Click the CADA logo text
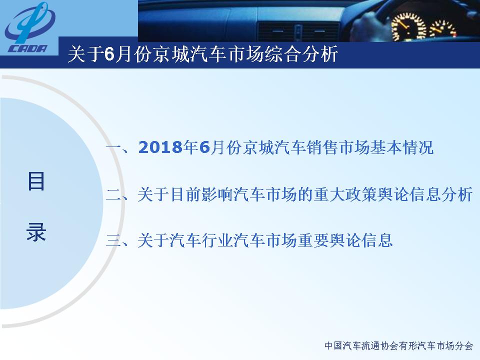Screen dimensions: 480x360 (27, 48)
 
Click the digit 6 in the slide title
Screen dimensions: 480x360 (109, 54)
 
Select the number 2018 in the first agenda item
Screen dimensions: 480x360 (160, 147)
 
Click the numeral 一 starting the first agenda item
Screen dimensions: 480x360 (114, 147)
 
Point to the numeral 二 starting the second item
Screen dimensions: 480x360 (114, 195)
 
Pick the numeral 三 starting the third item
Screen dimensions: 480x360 (114, 240)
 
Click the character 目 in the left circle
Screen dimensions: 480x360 (36, 181)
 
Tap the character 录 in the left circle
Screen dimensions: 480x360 (36, 231)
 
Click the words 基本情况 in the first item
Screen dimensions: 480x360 (402, 147)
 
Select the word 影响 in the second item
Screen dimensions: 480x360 (217, 194)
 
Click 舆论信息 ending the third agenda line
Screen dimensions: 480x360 (361, 240)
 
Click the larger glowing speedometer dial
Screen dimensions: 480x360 (408, 27)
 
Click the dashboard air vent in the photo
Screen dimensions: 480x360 (298, 31)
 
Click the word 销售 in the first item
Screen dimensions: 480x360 (322, 147)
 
